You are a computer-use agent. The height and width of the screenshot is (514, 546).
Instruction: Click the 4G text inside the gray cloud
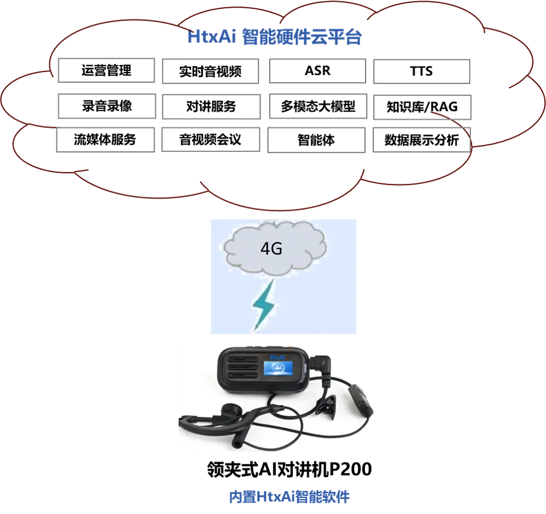coord(271,249)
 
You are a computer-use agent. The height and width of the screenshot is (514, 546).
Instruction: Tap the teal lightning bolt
coord(264,306)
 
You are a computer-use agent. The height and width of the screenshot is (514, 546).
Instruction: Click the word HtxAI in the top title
coord(212,38)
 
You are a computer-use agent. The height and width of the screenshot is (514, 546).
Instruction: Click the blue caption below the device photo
coord(289,497)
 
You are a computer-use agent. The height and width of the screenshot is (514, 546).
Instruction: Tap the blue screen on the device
coord(278,368)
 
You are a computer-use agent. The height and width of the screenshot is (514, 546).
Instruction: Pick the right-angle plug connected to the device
coord(322,364)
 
